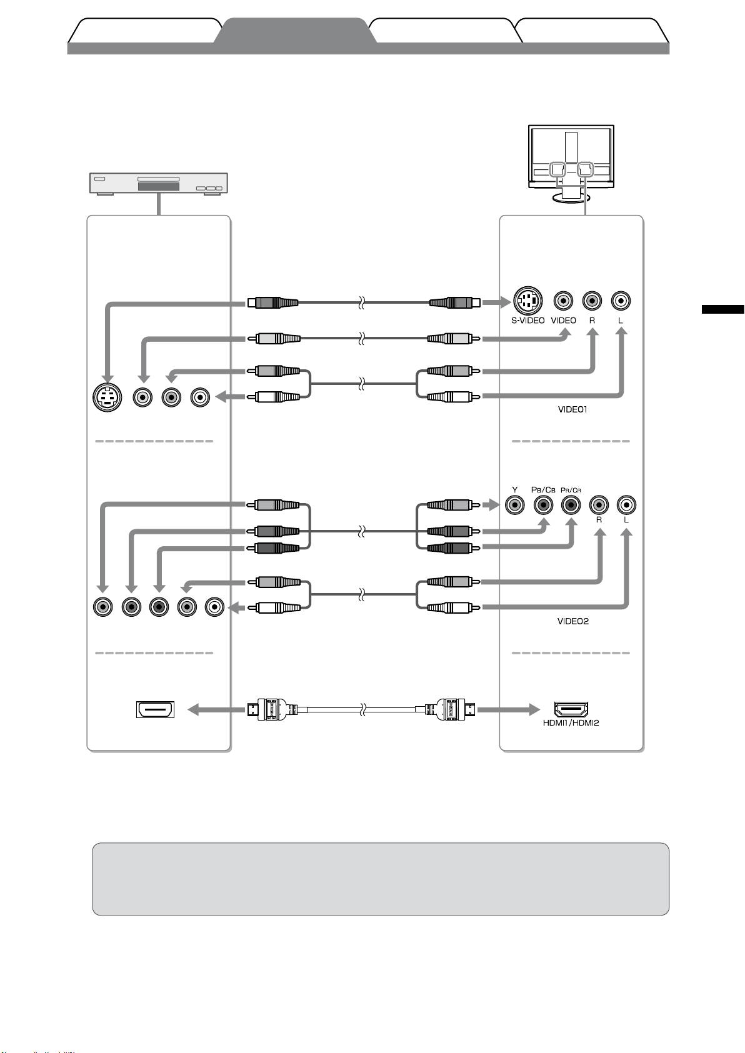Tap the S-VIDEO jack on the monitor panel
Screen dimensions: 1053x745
click(x=527, y=301)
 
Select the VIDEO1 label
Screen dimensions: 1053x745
click(x=572, y=410)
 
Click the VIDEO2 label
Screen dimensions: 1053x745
click(x=572, y=622)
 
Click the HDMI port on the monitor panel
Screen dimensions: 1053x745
click(x=571, y=709)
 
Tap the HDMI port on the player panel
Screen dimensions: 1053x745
click(x=156, y=710)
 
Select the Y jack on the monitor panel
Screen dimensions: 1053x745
click(x=515, y=504)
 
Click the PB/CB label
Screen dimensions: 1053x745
click(x=543, y=490)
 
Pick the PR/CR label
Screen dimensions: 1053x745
click(x=571, y=491)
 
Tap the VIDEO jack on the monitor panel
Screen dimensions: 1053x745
click(x=564, y=301)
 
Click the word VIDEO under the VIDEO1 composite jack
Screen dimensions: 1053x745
click(x=563, y=321)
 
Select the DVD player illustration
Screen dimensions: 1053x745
click(x=158, y=184)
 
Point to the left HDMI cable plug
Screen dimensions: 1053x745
click(x=269, y=709)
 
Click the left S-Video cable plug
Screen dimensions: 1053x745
click(x=272, y=303)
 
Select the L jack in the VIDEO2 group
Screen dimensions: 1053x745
click(x=626, y=504)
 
